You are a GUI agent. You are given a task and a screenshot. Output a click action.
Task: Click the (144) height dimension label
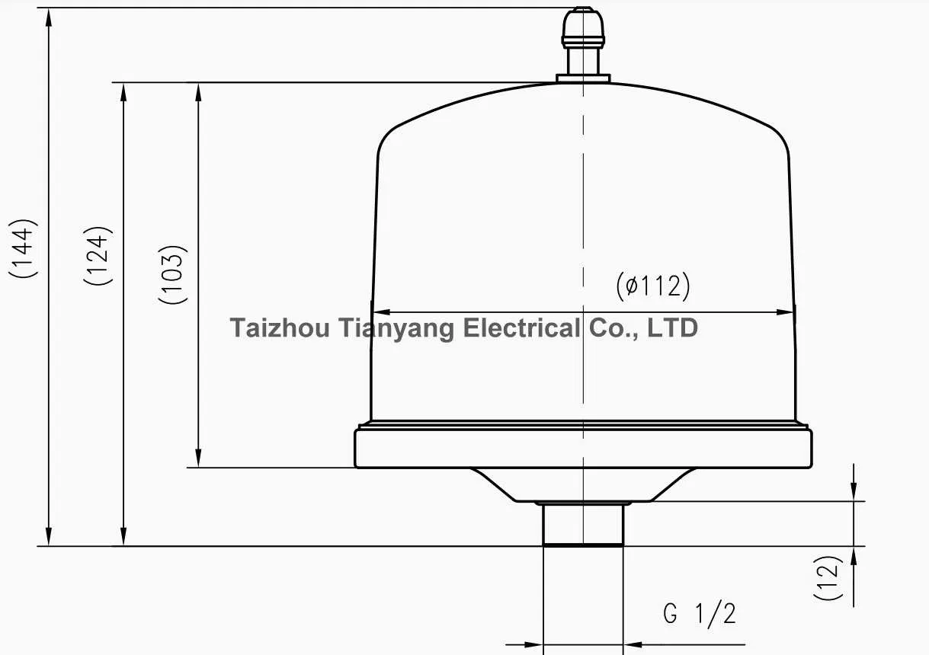23,249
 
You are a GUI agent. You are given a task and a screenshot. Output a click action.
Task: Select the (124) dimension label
98,256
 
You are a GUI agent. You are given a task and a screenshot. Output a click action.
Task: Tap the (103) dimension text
173,274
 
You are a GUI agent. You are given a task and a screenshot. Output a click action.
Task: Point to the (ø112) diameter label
652,286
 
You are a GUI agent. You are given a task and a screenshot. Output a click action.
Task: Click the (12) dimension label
828,578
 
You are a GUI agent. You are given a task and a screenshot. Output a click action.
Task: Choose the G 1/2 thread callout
699,613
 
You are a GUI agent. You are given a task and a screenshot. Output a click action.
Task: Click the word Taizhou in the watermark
280,328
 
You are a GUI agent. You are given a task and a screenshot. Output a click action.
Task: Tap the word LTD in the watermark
672,328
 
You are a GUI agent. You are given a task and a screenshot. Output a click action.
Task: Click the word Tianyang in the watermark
395,328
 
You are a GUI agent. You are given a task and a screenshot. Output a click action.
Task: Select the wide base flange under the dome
583,448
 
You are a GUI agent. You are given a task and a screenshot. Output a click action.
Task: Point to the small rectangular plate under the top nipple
583,78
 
